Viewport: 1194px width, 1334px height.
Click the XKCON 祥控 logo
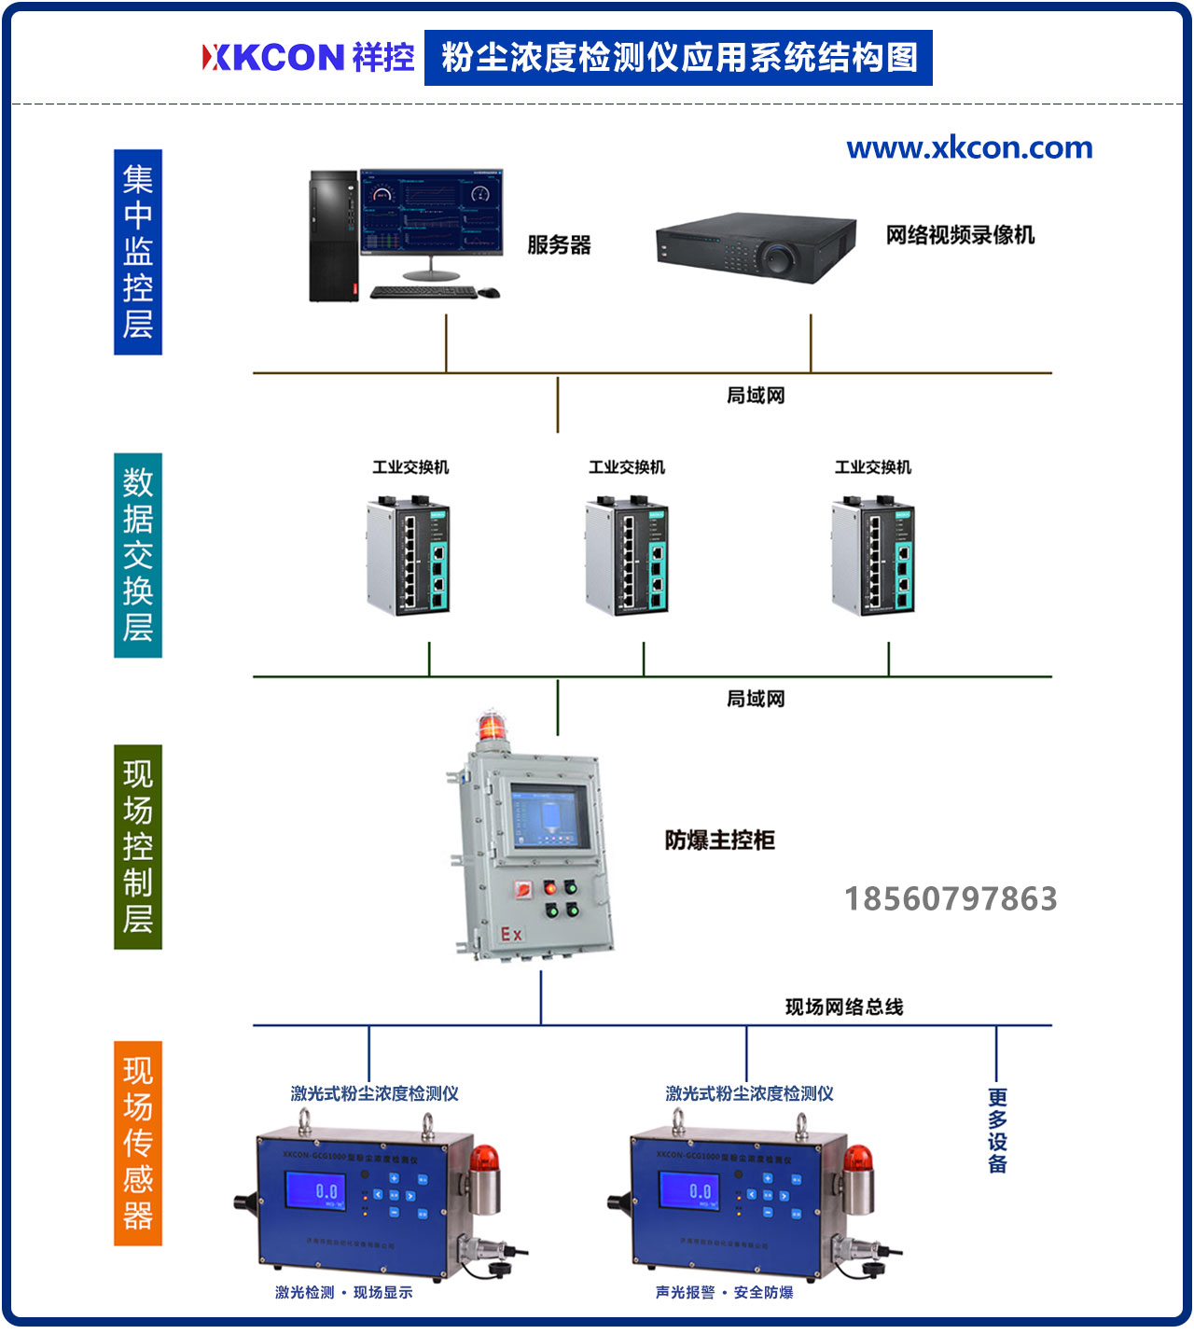(308, 58)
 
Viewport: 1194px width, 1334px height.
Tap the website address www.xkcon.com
(969, 147)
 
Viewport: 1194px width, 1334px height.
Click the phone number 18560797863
(951, 898)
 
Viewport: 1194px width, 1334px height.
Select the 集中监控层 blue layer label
(138, 252)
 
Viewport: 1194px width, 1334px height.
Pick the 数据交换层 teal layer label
(138, 555)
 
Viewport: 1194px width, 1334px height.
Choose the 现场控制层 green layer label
(138, 846)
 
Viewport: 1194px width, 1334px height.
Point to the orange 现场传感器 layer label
(138, 1143)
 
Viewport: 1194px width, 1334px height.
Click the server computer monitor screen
(431, 212)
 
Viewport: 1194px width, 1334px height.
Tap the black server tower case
(333, 235)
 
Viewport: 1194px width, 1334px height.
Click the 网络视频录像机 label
(960, 235)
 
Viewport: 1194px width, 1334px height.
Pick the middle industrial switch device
(627, 556)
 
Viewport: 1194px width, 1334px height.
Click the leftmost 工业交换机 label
(410, 466)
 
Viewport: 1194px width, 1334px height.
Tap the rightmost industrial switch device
(873, 556)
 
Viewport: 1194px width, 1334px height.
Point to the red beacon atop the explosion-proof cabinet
(490, 727)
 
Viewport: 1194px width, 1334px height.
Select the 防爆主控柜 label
(719, 841)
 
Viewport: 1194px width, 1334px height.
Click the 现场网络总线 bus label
(843, 1007)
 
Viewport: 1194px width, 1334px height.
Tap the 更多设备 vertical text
(997, 1130)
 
